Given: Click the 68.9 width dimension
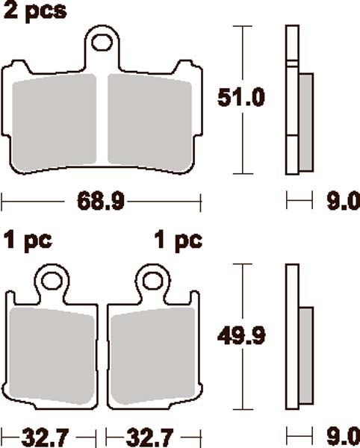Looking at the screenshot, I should pos(102,202).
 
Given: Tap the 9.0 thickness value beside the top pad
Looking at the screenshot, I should pos(344,201).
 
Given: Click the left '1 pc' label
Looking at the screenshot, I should pos(28,241).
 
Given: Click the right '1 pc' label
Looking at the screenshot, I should pos(178,241).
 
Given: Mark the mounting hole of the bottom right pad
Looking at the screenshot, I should pos(153,281).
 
